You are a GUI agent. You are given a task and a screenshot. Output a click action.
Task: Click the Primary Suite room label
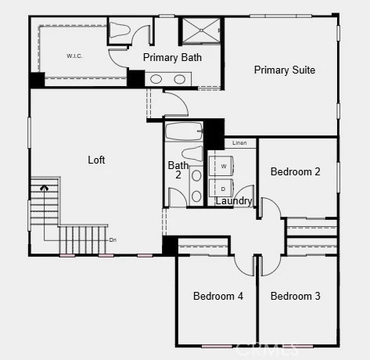click(x=285, y=70)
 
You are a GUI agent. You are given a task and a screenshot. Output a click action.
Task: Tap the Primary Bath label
click(x=172, y=57)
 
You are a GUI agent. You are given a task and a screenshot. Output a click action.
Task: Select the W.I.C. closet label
click(x=74, y=56)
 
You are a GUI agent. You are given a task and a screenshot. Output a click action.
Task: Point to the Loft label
click(x=96, y=160)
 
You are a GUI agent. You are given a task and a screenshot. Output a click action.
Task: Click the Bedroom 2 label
click(x=295, y=171)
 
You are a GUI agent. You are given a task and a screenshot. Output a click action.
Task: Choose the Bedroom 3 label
click(x=295, y=296)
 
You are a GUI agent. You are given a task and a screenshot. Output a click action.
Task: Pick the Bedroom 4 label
click(x=218, y=296)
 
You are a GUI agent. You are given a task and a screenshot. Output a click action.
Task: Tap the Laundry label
click(x=234, y=201)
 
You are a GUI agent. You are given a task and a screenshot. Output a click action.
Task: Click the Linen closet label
click(x=239, y=142)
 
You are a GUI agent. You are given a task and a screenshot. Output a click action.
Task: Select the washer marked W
click(x=221, y=166)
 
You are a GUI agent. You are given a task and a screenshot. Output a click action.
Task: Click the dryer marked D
click(x=221, y=189)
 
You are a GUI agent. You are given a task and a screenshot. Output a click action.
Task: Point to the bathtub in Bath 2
click(x=184, y=131)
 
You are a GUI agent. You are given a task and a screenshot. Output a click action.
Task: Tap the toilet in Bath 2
click(x=192, y=153)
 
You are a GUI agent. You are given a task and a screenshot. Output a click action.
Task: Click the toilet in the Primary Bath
click(x=120, y=30)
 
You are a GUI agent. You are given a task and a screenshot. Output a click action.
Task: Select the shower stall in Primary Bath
click(x=201, y=31)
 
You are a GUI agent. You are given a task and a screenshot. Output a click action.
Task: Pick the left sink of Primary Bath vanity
click(x=156, y=79)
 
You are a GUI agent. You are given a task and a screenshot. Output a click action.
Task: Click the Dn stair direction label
click(x=113, y=240)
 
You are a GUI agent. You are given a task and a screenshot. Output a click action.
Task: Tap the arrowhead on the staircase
click(x=45, y=187)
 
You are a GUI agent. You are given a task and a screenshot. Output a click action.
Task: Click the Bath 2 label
click(x=178, y=170)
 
